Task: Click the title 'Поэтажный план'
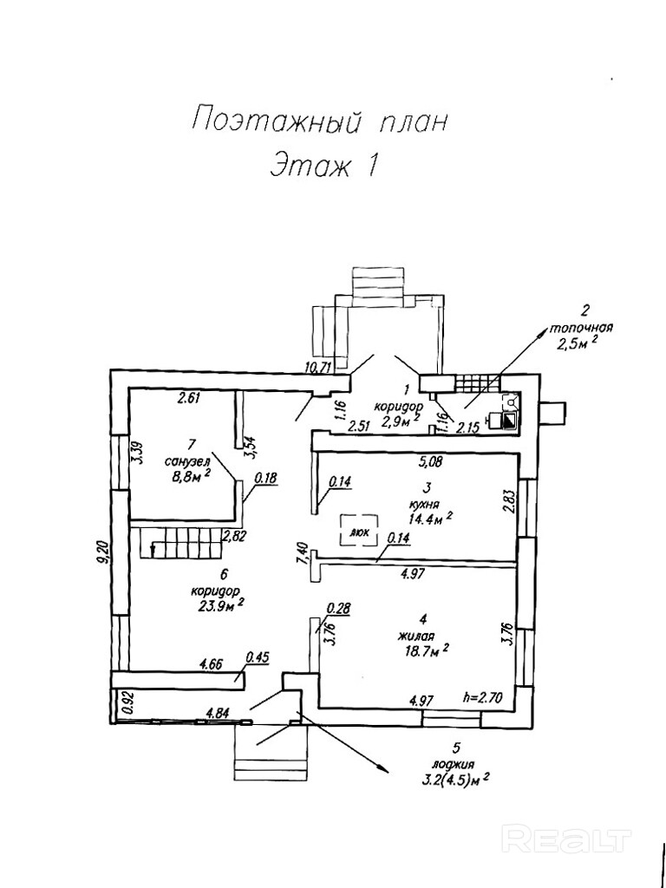(319, 121)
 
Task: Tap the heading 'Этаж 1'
(323, 165)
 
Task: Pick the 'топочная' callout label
(582, 329)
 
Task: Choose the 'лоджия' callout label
(455, 764)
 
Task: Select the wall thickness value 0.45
(258, 656)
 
